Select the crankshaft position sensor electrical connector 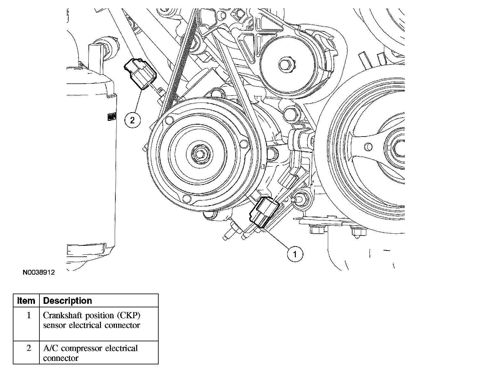(x=262, y=213)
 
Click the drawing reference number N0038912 (x=39, y=272)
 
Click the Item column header (x=26, y=301)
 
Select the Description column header (x=67, y=301)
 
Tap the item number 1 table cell (x=29, y=315)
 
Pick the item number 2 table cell (x=29, y=348)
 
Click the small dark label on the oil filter (x=111, y=117)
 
